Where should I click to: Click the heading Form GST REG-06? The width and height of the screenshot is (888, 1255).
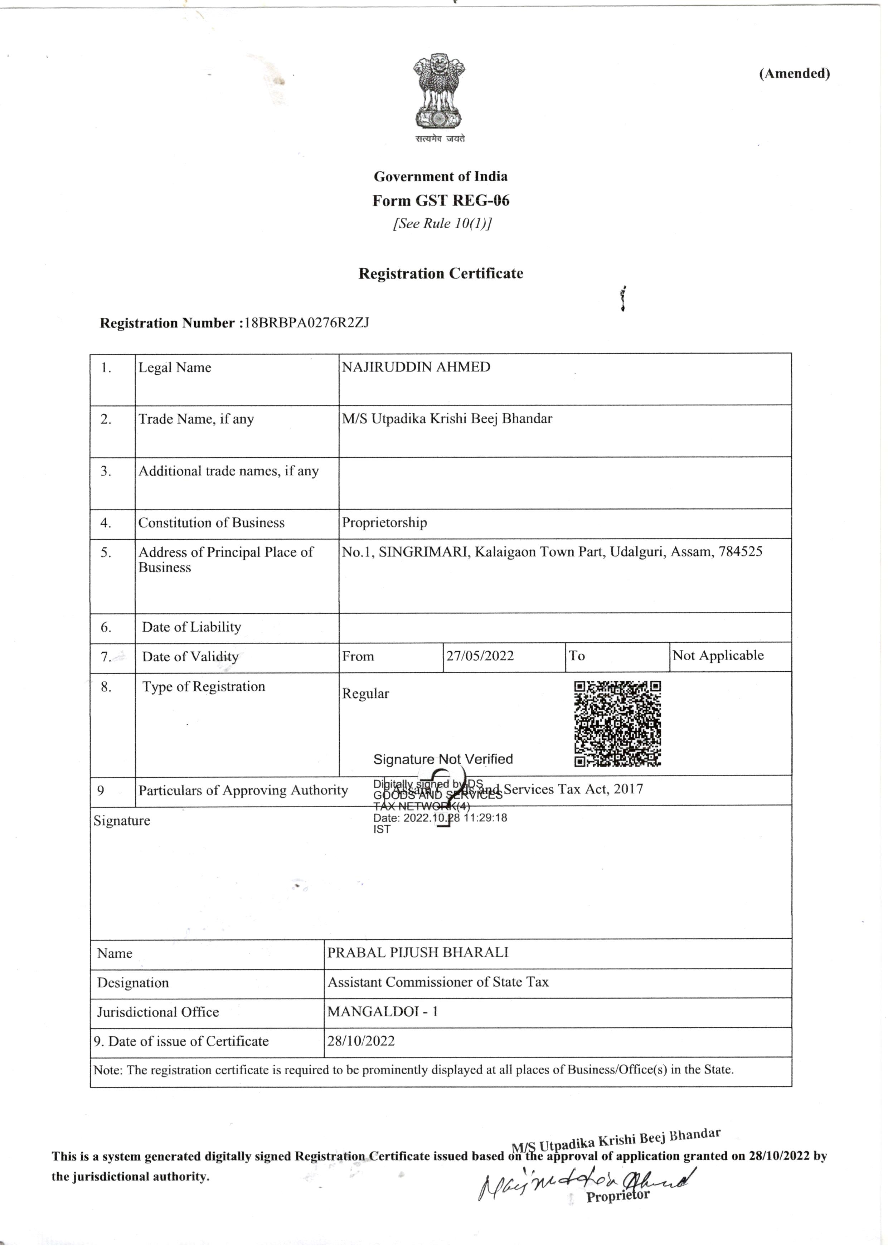tap(441, 201)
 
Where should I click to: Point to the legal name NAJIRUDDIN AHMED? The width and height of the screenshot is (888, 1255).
tap(416, 367)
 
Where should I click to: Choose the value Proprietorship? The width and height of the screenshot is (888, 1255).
tap(384, 522)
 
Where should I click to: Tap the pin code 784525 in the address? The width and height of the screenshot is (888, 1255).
tap(741, 551)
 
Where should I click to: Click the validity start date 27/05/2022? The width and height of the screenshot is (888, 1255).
tap(480, 656)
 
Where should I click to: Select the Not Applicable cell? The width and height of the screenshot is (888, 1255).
tap(718, 655)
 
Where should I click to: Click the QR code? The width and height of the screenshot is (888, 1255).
tap(617, 724)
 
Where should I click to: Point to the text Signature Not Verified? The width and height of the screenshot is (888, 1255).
tap(443, 759)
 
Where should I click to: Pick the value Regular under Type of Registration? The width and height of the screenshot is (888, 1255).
tap(365, 694)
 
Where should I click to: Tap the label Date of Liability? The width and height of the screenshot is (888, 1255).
tap(191, 627)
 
